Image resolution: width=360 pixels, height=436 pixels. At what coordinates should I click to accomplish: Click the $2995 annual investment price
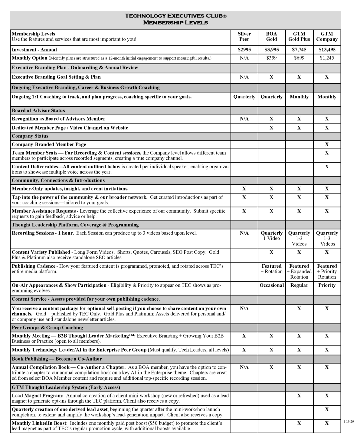point(244,50)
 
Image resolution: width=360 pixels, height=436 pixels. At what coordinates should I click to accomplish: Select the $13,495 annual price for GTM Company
point(327,50)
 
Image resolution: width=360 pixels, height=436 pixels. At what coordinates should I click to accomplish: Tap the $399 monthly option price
point(271,58)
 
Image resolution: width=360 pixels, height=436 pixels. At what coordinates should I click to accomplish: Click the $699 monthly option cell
point(299,58)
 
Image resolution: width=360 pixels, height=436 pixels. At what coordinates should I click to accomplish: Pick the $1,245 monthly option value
point(327,58)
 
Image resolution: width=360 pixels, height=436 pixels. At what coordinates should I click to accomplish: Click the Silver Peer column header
point(244,36)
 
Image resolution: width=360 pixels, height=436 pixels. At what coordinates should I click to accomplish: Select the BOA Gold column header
point(271,36)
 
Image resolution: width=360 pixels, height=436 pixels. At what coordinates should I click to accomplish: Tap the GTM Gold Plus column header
point(299,36)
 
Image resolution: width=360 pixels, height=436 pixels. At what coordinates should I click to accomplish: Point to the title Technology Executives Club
point(175,16)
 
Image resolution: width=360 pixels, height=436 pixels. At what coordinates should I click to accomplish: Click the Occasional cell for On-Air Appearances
point(272,285)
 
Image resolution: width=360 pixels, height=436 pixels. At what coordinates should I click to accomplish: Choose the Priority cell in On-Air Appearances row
point(327,285)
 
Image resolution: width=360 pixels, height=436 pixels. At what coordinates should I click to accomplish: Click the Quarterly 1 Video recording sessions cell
point(271,236)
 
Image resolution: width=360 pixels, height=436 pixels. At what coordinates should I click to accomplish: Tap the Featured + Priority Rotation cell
point(327,271)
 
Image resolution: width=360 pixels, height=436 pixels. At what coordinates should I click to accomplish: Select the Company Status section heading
point(30,136)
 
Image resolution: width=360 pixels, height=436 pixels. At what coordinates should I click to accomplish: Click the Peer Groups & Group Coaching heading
point(47,328)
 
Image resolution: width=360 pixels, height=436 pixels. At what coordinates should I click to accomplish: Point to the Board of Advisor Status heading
point(38,111)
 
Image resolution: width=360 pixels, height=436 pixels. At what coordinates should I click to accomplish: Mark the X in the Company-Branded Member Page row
point(327,144)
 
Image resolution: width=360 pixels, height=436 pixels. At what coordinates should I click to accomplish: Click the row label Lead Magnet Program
point(38,395)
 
